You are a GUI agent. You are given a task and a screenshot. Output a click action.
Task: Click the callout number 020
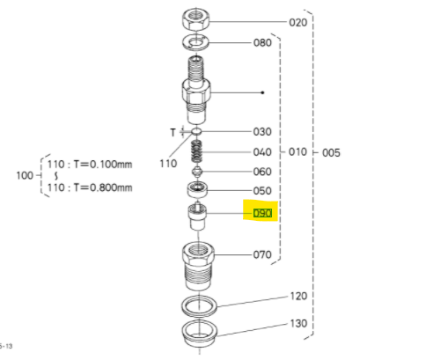tap(298, 23)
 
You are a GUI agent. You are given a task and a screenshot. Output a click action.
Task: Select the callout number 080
tap(262, 43)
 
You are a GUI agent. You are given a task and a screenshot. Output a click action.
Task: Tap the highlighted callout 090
tap(262, 213)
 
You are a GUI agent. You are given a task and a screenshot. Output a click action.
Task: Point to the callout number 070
tap(262, 254)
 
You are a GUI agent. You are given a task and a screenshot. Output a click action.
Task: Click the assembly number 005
tap(331, 153)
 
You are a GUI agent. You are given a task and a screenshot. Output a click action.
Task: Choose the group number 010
tap(297, 152)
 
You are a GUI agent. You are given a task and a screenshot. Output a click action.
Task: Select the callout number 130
tap(298, 324)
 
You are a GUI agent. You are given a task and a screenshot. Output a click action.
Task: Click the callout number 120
tap(298, 297)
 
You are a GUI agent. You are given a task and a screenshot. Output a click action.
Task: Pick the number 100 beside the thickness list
tap(25, 176)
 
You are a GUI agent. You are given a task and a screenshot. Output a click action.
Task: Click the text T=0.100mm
tap(103, 165)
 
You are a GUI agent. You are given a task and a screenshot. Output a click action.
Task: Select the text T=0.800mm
tap(103, 187)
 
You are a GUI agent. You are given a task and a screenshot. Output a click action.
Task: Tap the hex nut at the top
tap(195, 19)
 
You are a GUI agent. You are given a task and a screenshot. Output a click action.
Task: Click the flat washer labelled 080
tap(195, 43)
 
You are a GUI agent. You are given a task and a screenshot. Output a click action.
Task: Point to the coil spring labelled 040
tap(197, 151)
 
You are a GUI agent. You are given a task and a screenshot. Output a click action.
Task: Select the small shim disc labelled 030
tap(196, 131)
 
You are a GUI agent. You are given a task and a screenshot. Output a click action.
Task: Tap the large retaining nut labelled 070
tap(198, 267)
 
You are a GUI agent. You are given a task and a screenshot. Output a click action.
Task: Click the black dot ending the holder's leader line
tap(262, 92)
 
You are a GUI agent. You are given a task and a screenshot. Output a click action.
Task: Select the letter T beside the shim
tap(173, 133)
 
